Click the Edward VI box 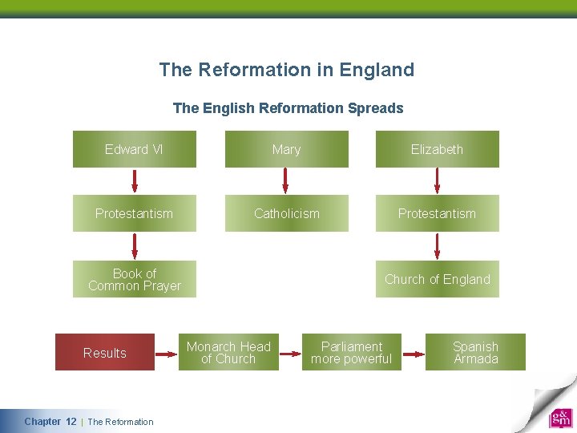tap(135, 149)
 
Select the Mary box tap(286, 149)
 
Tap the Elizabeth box tap(437, 149)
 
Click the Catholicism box tap(286, 213)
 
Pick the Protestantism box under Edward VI tap(135, 213)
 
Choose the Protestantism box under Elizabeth tap(437, 213)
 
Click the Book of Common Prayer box tap(135, 279)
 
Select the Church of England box tap(437, 279)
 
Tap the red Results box tap(105, 353)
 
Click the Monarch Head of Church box tap(228, 353)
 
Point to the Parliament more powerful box tap(352, 353)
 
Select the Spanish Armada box tap(475, 353)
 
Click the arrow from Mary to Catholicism tap(286, 181)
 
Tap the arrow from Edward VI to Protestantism tap(135, 181)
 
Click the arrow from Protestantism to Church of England tap(437, 246)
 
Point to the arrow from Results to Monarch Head tap(166, 353)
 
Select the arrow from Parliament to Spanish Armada tap(413, 353)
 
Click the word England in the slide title tap(377, 70)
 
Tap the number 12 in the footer tap(71, 422)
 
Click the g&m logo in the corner tap(560, 419)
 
